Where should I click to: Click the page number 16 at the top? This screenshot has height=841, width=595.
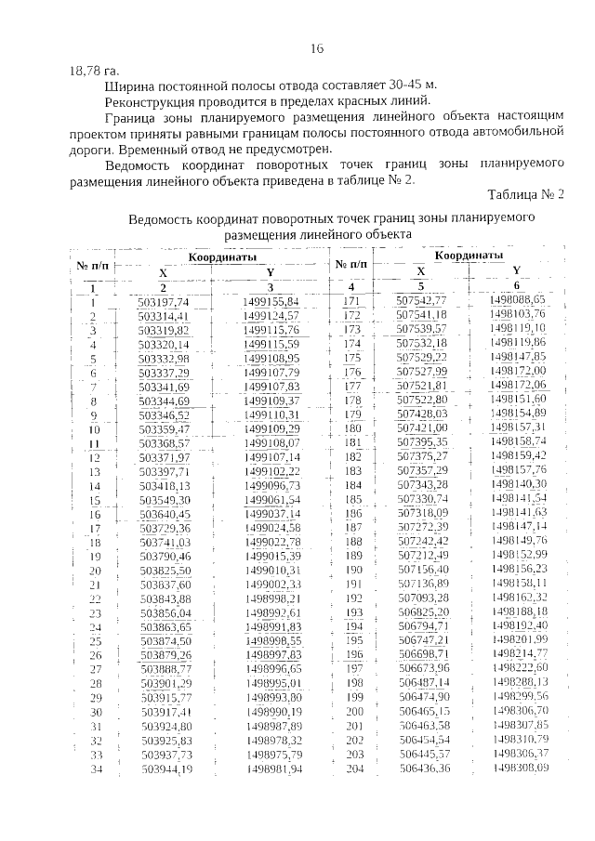click(x=316, y=48)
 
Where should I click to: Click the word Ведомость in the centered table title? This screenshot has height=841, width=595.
click(x=169, y=219)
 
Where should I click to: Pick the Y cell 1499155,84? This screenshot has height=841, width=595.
click(x=271, y=302)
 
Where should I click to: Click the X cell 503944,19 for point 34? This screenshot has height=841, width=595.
click(x=166, y=769)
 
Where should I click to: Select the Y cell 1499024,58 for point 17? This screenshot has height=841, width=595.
click(x=273, y=528)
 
